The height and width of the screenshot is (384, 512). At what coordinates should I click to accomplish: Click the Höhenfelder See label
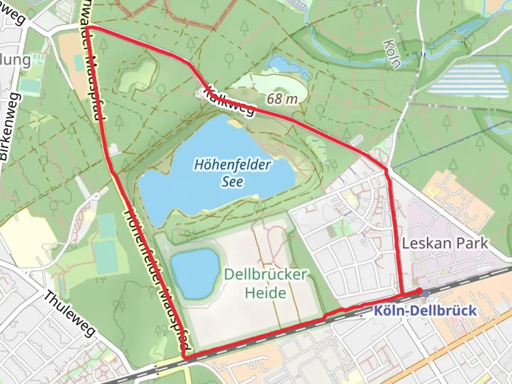click(x=233, y=173)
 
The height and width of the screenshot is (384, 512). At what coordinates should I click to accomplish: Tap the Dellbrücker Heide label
click(x=265, y=284)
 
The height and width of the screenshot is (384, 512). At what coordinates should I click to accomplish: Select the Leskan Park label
click(x=445, y=244)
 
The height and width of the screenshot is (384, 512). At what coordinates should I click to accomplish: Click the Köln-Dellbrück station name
click(x=425, y=311)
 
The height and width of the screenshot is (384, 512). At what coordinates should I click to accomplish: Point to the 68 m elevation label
click(x=282, y=99)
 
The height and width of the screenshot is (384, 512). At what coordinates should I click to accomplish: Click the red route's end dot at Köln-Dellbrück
click(x=421, y=292)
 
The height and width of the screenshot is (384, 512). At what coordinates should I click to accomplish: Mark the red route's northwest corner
click(x=88, y=27)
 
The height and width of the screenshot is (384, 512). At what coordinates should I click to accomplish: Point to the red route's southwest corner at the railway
click(x=184, y=357)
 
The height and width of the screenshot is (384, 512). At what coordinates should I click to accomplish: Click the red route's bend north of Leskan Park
click(x=387, y=170)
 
